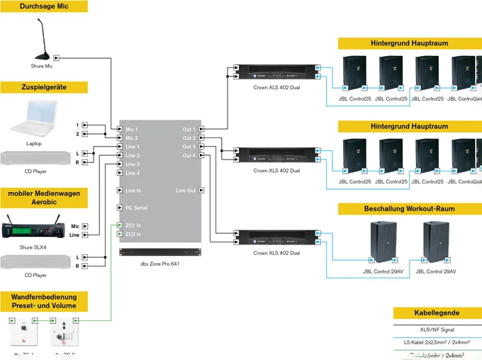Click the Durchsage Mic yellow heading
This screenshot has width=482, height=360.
[44, 6]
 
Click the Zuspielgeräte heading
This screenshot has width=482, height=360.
[44, 87]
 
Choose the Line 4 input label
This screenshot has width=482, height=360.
[133, 173]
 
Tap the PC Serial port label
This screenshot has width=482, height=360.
[136, 208]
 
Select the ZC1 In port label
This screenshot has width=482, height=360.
[133, 225]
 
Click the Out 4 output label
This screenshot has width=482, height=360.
[188, 156]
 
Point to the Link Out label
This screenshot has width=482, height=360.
[186, 191]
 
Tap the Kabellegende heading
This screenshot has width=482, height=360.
[437, 313]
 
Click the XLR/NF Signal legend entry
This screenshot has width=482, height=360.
[437, 330]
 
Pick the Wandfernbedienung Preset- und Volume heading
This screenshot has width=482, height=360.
[44, 301]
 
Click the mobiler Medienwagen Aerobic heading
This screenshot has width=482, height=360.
[44, 198]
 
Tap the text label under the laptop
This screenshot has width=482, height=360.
[34, 143]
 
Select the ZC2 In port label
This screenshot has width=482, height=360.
[133, 234]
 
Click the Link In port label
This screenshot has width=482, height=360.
[133, 191]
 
